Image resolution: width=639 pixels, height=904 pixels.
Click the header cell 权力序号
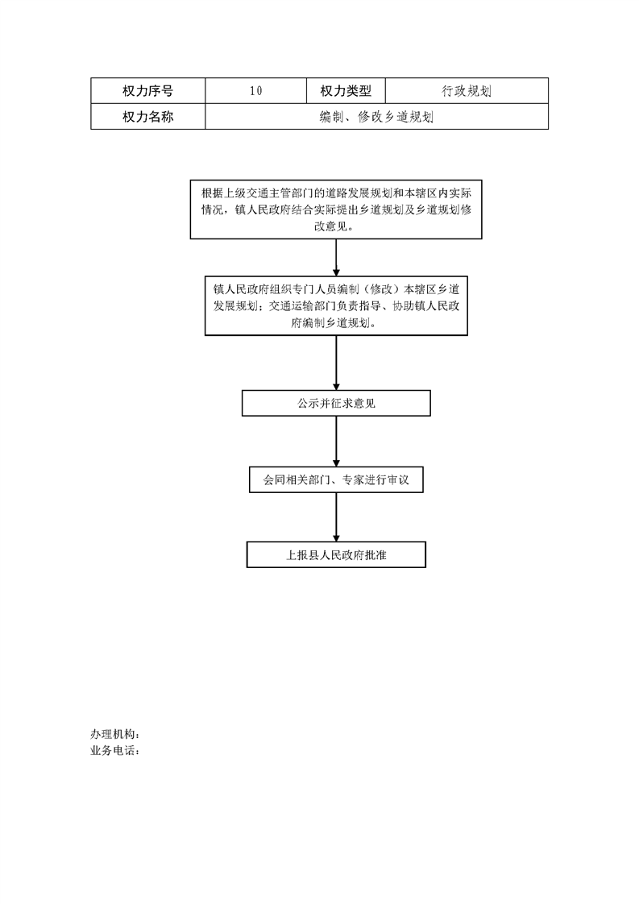[x=147, y=91]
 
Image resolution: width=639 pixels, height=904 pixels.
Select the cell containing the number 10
[x=255, y=91]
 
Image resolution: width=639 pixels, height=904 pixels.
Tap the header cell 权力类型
[x=346, y=91]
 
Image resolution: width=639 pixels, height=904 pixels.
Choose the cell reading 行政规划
[x=467, y=91]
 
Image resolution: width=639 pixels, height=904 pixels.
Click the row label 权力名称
[x=147, y=117]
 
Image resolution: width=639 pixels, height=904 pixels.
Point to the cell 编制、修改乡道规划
[x=376, y=117]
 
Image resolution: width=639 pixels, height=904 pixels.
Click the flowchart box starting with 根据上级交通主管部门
[x=336, y=209]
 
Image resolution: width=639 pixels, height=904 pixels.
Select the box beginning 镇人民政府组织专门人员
[x=336, y=305]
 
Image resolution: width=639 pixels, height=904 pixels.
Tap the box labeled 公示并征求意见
[x=336, y=403]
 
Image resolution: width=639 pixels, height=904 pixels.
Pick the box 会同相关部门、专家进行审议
[x=336, y=479]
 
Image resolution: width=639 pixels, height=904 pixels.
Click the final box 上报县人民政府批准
[x=336, y=554]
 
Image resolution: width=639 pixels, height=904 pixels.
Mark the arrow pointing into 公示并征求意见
[x=336, y=363]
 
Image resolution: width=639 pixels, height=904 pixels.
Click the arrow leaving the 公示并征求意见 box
[x=336, y=442]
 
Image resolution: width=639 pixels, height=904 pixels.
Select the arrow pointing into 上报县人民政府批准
[x=336, y=517]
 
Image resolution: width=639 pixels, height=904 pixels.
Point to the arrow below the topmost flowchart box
[x=336, y=258]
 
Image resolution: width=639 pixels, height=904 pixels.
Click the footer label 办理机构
[x=114, y=734]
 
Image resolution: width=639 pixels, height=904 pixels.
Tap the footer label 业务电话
[x=114, y=751]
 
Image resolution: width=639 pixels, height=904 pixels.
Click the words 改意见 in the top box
[x=330, y=226]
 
